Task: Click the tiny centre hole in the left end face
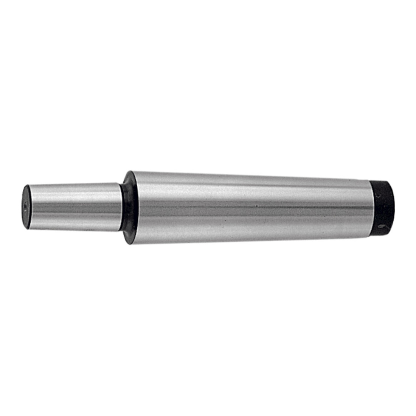(26, 206)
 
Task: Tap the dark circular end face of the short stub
(26, 206)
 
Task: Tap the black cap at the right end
(383, 206)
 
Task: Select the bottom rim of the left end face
(26, 228)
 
